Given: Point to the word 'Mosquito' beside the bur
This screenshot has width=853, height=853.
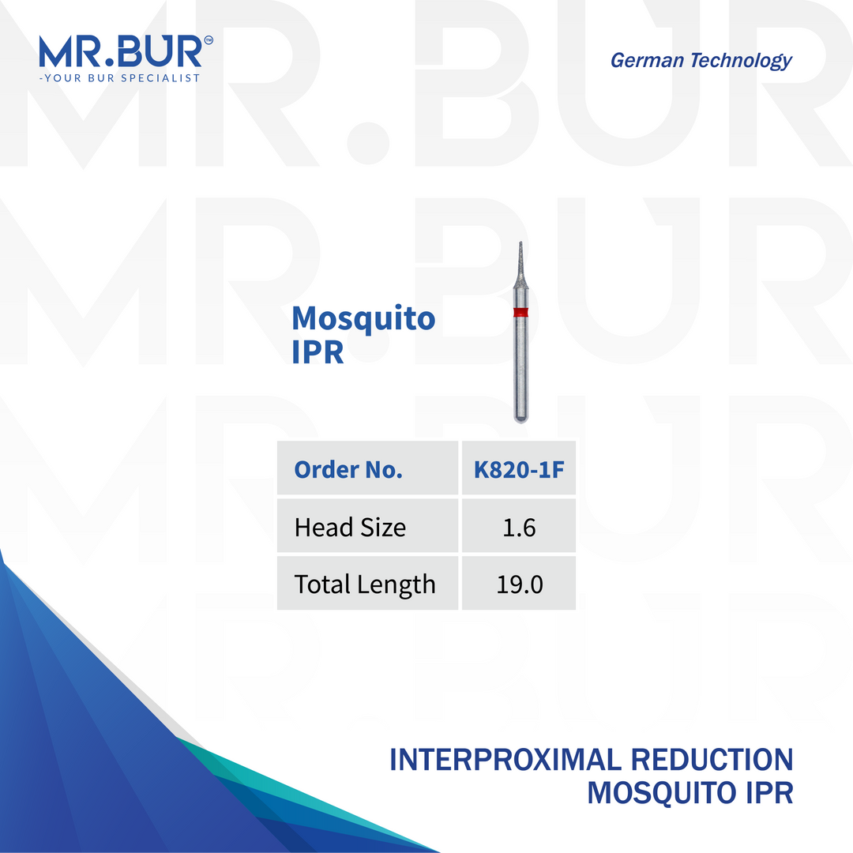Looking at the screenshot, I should [x=363, y=318].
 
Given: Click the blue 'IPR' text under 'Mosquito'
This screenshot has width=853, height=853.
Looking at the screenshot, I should [x=318, y=352].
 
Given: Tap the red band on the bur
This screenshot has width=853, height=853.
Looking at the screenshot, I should [x=520, y=313].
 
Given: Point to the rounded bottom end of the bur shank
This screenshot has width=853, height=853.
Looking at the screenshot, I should [x=520, y=419].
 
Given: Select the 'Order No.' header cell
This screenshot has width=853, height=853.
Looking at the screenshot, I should [x=348, y=470].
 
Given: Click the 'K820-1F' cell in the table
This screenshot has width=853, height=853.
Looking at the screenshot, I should [x=518, y=470].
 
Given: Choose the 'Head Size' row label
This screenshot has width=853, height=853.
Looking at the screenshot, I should [x=350, y=527].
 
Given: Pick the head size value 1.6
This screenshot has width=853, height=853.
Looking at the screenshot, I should [x=518, y=527].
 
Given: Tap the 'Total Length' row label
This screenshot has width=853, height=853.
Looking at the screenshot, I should [x=364, y=584].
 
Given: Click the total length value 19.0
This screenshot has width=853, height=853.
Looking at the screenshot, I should [x=518, y=584].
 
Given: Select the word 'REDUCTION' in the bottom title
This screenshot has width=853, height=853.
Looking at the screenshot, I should [x=712, y=760].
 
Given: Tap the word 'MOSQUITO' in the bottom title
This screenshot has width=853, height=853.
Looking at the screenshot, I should [x=660, y=793].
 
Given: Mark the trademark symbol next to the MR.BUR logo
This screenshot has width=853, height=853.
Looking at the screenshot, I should [x=208, y=39].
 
